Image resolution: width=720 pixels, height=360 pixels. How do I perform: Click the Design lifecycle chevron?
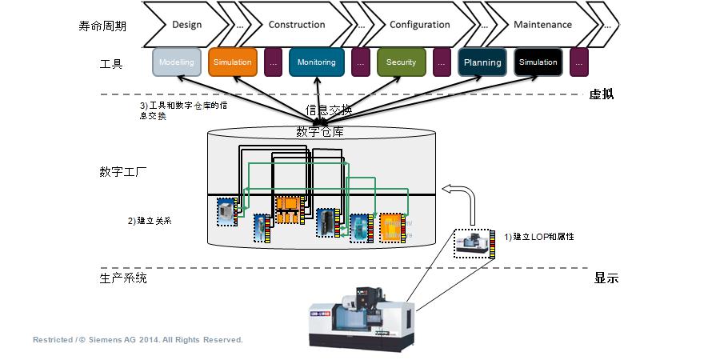(186, 25)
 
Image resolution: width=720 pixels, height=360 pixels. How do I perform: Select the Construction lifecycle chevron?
(296, 25)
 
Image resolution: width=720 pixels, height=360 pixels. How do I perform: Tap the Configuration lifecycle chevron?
(419, 25)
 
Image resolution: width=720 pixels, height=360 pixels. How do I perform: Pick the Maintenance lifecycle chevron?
(542, 25)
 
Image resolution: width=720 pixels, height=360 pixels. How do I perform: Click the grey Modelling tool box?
(176, 62)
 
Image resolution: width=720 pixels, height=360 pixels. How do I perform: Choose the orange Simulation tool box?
(232, 62)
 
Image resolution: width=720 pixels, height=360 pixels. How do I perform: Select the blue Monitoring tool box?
(316, 62)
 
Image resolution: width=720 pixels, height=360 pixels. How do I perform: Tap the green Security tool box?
(401, 62)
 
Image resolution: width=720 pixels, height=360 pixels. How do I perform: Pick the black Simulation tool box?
(538, 62)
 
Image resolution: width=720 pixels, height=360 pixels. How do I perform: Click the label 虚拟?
(601, 94)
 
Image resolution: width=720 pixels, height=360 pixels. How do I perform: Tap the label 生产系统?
(123, 278)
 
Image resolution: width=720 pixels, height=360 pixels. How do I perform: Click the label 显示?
(606, 278)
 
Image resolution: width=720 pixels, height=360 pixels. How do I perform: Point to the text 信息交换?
(329, 110)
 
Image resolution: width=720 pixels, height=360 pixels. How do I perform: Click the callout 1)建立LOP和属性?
(539, 237)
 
